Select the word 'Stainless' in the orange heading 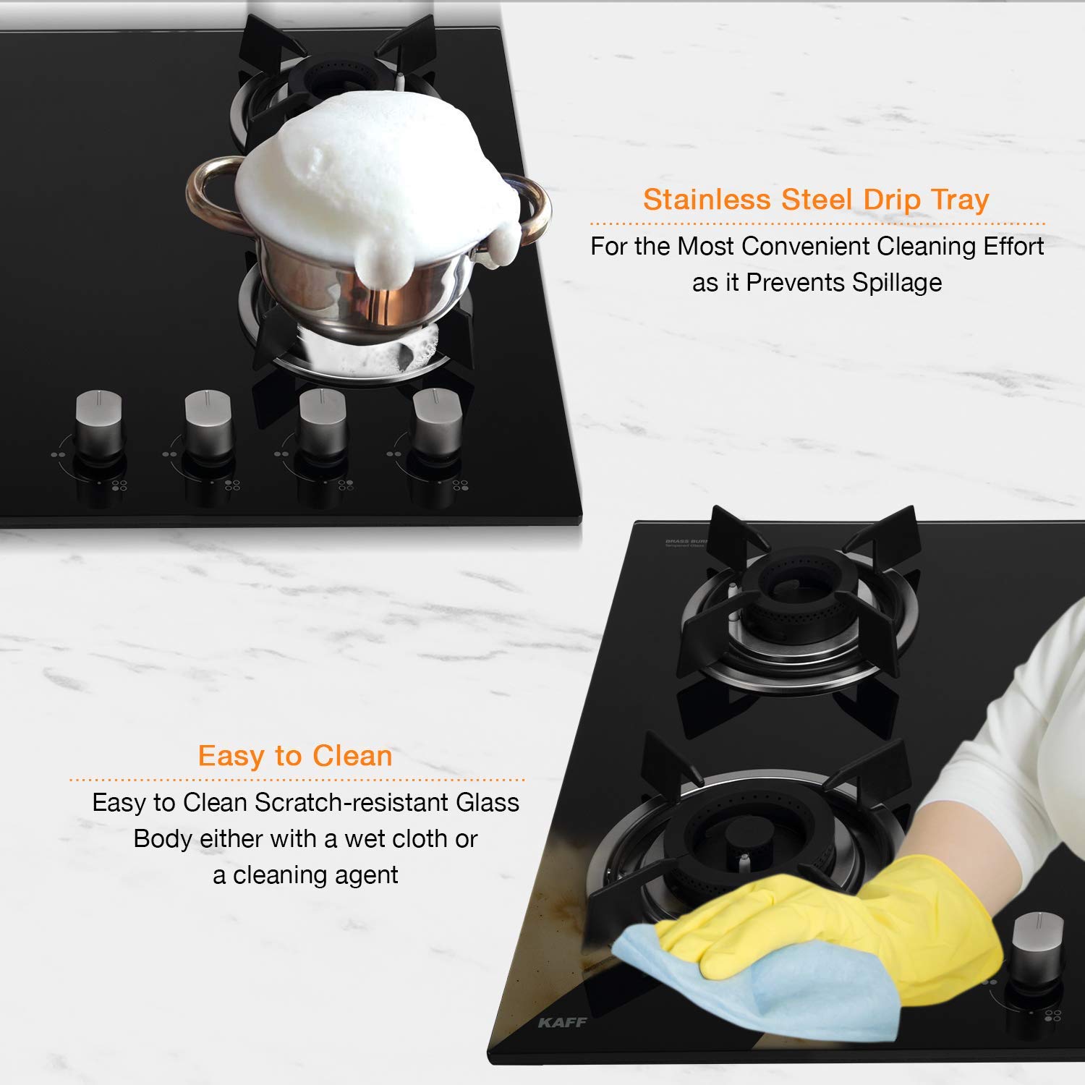tap(706, 200)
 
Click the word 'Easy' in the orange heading tap(231, 757)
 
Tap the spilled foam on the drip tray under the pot tap(409, 347)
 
